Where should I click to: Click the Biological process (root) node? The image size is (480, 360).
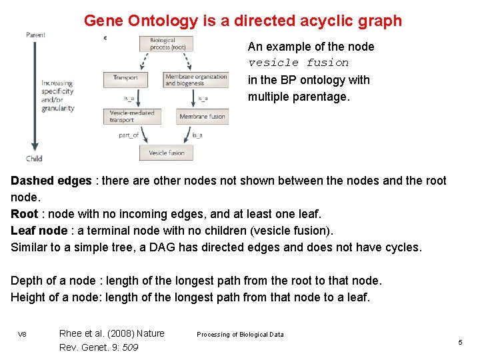167,44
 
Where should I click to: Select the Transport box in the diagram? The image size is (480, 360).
125,79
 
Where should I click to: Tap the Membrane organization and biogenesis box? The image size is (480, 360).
196,80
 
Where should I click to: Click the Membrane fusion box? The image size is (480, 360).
202,117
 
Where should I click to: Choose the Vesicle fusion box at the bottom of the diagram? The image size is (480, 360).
166,153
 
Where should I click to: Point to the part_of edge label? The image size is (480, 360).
129,135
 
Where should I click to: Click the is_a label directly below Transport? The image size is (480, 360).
129,98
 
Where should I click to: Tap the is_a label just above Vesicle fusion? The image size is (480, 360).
197,135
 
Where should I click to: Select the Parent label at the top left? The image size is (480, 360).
35,34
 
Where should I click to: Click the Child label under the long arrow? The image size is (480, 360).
34,159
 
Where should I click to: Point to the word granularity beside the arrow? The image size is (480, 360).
58,108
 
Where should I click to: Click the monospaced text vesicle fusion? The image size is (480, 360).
298,63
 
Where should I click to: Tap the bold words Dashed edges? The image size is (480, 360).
51,181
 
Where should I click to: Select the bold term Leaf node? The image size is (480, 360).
39,231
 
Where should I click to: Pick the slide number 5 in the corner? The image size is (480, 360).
460,342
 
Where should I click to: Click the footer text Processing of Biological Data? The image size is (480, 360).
240,335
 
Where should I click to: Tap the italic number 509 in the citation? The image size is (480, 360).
130,347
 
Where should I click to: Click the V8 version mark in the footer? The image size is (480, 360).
22,334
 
